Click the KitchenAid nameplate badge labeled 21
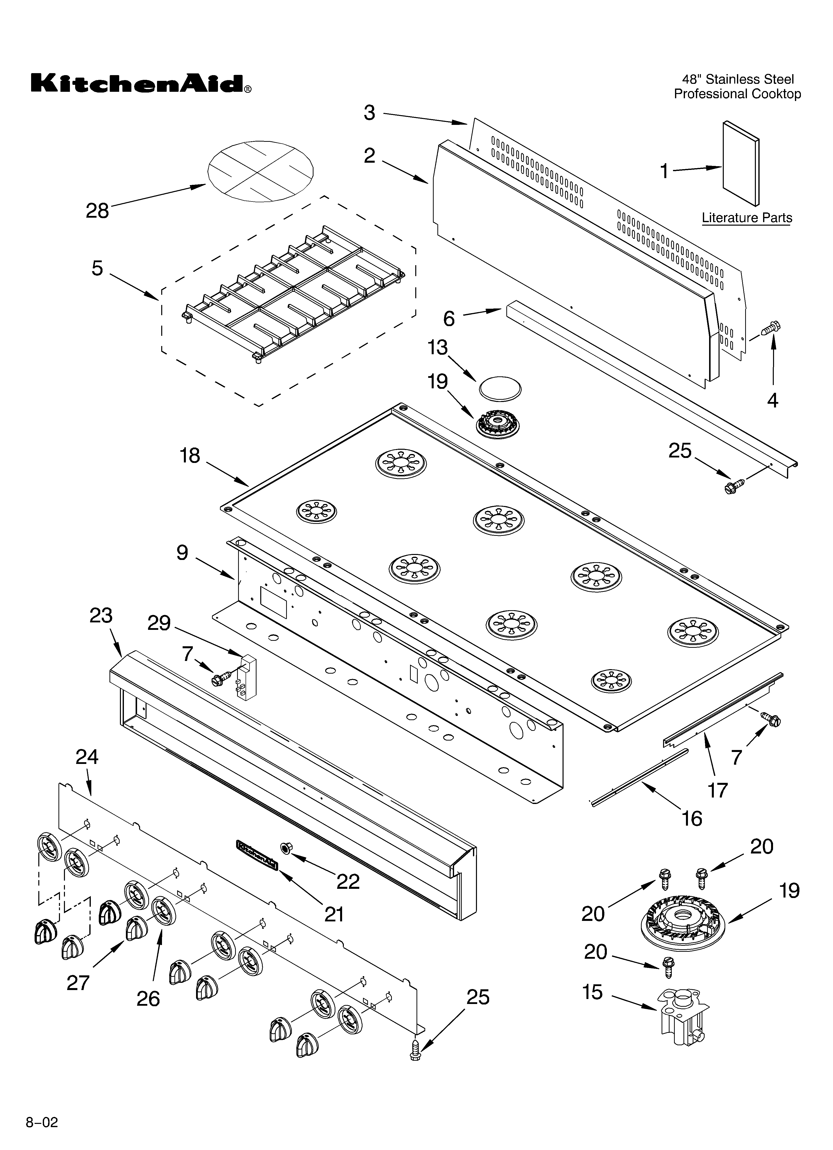pyautogui.click(x=257, y=854)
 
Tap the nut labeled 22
pyautogui.click(x=286, y=847)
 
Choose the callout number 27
pyautogui.click(x=78, y=983)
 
